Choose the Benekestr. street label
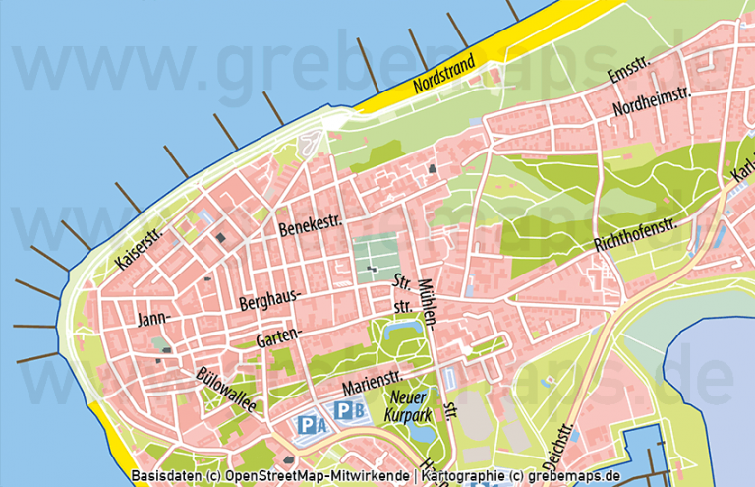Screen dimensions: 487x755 pos(311,226)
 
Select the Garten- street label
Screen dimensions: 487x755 pos(277,336)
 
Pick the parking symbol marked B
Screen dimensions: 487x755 pos(348,410)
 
